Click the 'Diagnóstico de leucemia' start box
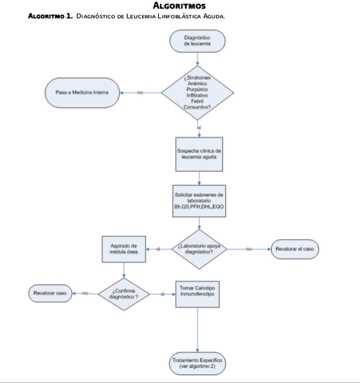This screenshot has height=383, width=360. pyautogui.click(x=197, y=42)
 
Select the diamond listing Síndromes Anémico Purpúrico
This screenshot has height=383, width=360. pyautogui.click(x=198, y=93)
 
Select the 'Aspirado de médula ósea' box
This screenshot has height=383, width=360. pyautogui.click(x=124, y=249)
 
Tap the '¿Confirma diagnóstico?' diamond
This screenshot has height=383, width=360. pyautogui.click(x=124, y=293)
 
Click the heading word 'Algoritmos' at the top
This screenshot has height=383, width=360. pyautogui.click(x=179, y=6)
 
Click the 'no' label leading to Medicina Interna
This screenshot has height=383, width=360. pyautogui.click(x=139, y=93)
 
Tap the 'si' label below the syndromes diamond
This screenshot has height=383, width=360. pyautogui.click(x=198, y=127)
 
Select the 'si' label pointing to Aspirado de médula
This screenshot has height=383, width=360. pyautogui.click(x=158, y=249)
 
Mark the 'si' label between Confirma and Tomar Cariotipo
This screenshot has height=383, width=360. pyautogui.click(x=163, y=293)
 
